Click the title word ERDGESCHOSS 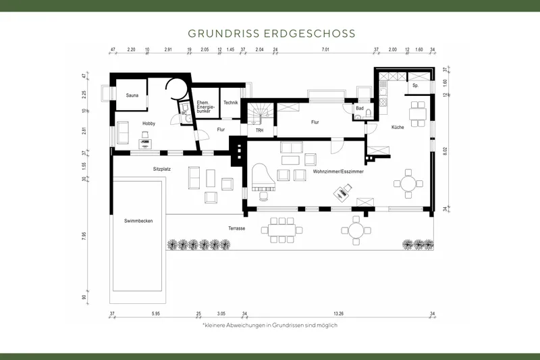tap(315, 32)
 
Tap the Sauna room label tap(132, 95)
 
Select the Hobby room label tap(148, 124)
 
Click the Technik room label tap(231, 102)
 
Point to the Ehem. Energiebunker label tap(205, 105)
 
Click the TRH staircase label tap(259, 130)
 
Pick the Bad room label tap(360, 108)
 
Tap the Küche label tap(398, 127)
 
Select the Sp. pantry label tap(415, 86)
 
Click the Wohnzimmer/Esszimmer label tap(338, 172)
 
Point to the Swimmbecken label tap(138, 221)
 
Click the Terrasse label tap(236, 229)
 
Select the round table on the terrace tap(355, 230)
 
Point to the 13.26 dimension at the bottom tap(339, 314)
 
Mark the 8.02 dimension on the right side tap(444, 153)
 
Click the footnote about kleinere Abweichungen tap(269, 325)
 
